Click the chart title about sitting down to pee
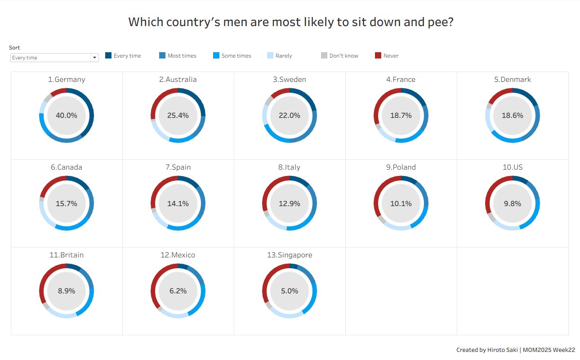click(290, 22)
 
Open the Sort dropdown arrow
click(94, 58)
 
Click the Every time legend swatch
click(108, 56)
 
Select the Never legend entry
click(391, 56)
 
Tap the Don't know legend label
click(344, 56)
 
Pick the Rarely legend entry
click(283, 56)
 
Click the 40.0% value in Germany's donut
click(67, 116)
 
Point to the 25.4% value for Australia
click(178, 116)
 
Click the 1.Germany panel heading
click(67, 80)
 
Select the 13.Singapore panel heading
click(290, 255)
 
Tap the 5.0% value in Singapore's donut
click(290, 291)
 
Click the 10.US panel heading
click(513, 167)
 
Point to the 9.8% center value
click(513, 203)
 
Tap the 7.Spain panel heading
click(178, 167)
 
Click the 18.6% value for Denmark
click(513, 116)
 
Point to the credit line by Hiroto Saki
click(515, 350)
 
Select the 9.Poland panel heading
click(401, 167)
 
